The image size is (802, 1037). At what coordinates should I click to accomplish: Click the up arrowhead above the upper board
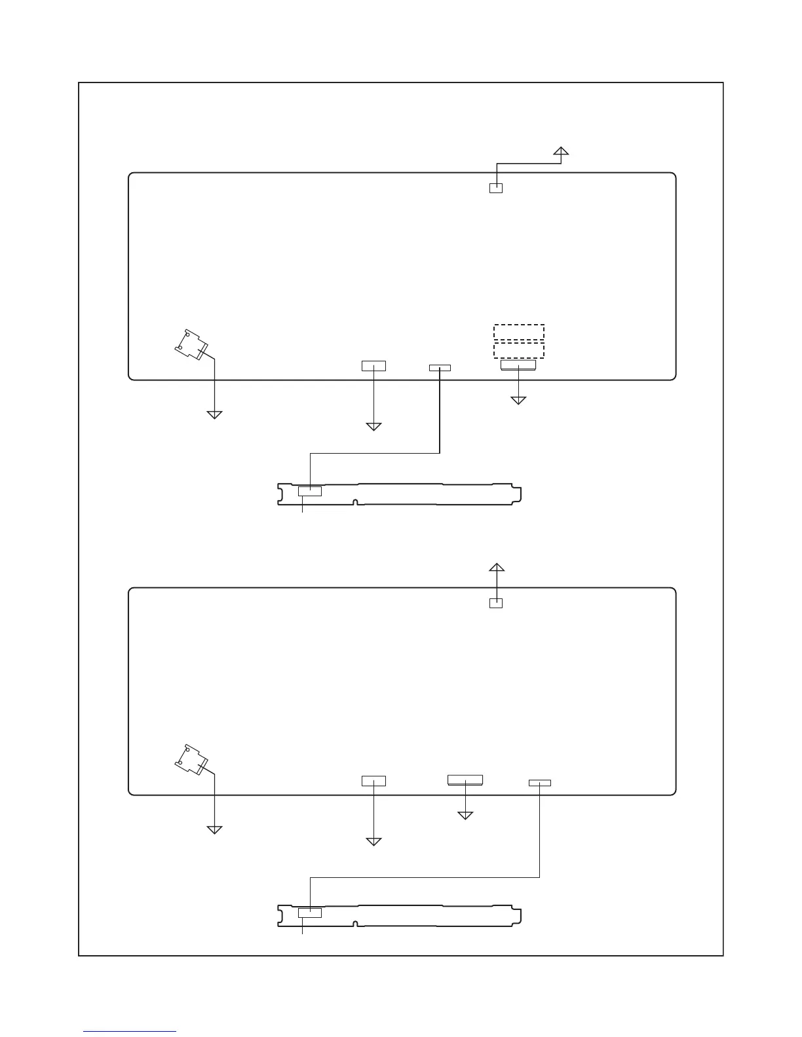click(560, 152)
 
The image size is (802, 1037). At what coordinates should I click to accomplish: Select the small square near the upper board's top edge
click(496, 189)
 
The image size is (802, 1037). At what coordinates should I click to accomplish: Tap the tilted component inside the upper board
click(191, 345)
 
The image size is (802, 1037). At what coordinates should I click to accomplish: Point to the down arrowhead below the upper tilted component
click(214, 414)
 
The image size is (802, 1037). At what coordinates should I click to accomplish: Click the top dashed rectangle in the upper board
click(519, 332)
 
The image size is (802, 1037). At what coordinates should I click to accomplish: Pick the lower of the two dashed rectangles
click(519, 350)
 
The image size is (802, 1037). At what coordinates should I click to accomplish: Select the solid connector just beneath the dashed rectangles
click(518, 364)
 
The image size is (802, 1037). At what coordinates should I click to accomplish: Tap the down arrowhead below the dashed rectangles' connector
click(518, 399)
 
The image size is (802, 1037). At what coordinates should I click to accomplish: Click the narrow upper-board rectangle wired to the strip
click(440, 368)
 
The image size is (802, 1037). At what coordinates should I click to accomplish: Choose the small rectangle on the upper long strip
click(310, 491)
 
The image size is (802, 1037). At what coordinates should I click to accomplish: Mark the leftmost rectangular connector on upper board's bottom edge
click(373, 365)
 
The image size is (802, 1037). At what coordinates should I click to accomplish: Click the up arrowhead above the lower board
click(497, 568)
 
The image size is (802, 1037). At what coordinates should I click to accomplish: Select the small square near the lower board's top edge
click(496, 604)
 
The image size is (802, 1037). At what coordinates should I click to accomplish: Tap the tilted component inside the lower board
click(191, 760)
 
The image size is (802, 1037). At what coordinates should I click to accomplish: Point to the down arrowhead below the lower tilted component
click(214, 829)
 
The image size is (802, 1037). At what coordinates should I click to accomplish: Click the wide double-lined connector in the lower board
click(465, 779)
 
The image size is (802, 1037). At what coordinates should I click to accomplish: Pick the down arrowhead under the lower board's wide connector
click(465, 815)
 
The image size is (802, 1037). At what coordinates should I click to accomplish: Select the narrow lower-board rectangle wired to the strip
click(540, 783)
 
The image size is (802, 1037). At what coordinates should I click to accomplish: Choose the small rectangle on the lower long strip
click(310, 913)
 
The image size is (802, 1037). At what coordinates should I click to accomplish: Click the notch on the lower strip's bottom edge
click(354, 924)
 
